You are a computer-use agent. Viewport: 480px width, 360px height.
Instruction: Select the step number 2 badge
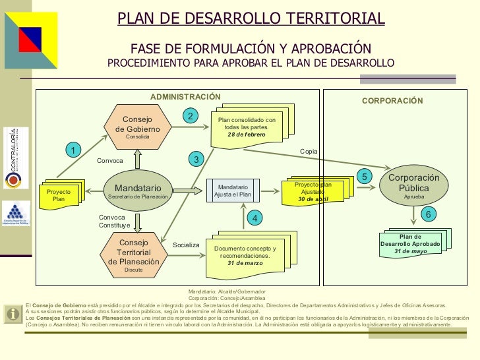point(190,116)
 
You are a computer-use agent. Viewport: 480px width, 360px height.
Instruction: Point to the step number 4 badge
point(255,217)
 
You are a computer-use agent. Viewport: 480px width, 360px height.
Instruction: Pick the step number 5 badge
point(366,176)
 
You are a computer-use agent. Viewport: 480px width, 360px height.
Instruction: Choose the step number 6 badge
point(427,215)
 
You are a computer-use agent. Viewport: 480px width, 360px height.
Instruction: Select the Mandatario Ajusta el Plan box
point(233,191)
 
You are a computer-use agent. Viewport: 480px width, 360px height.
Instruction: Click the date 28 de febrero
point(246,135)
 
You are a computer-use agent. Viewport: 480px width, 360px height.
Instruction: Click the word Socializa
point(186,245)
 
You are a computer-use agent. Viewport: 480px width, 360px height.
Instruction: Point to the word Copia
point(309,152)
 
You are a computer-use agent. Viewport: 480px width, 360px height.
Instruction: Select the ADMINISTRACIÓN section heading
point(185,97)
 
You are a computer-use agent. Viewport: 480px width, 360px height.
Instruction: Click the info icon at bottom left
point(11,314)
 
